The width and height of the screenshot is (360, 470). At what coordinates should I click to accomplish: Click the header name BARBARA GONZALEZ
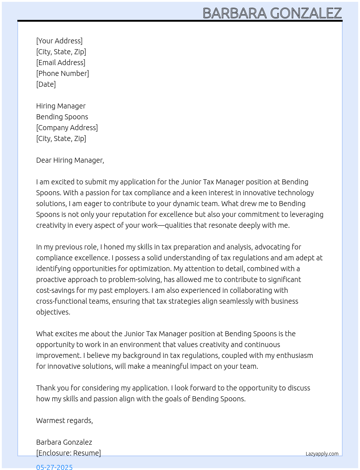[272, 13]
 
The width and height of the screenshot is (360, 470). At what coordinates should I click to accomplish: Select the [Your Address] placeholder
[59, 41]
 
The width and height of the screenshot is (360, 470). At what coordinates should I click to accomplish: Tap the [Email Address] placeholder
[61, 63]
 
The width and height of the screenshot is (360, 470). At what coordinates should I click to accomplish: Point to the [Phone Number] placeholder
[63, 73]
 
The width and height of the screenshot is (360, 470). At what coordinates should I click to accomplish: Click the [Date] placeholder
[46, 84]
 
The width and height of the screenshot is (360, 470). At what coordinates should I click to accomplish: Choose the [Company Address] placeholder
[67, 128]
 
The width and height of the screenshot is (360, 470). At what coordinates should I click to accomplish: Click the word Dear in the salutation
[44, 160]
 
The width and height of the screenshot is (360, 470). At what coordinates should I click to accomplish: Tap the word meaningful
[171, 366]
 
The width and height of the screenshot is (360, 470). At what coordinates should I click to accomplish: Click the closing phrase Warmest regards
[64, 420]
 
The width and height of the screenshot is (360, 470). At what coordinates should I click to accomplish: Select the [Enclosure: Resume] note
[68, 453]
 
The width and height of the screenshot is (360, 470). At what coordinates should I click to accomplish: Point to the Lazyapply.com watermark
[322, 454]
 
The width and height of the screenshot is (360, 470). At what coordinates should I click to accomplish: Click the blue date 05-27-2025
[54, 467]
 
